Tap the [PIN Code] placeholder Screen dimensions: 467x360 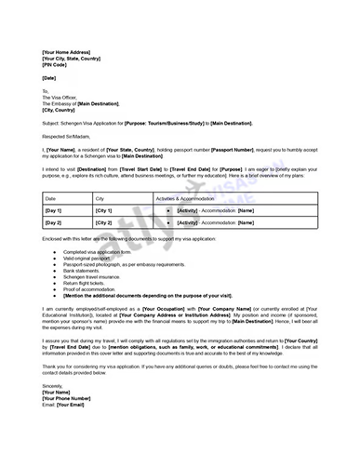pos(55,67)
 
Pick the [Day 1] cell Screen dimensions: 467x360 pos(53,211)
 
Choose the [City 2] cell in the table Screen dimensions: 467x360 pos(103,223)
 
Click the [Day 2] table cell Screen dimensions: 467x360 pos(53,223)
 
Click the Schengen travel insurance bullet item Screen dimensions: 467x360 pos(94,276)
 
